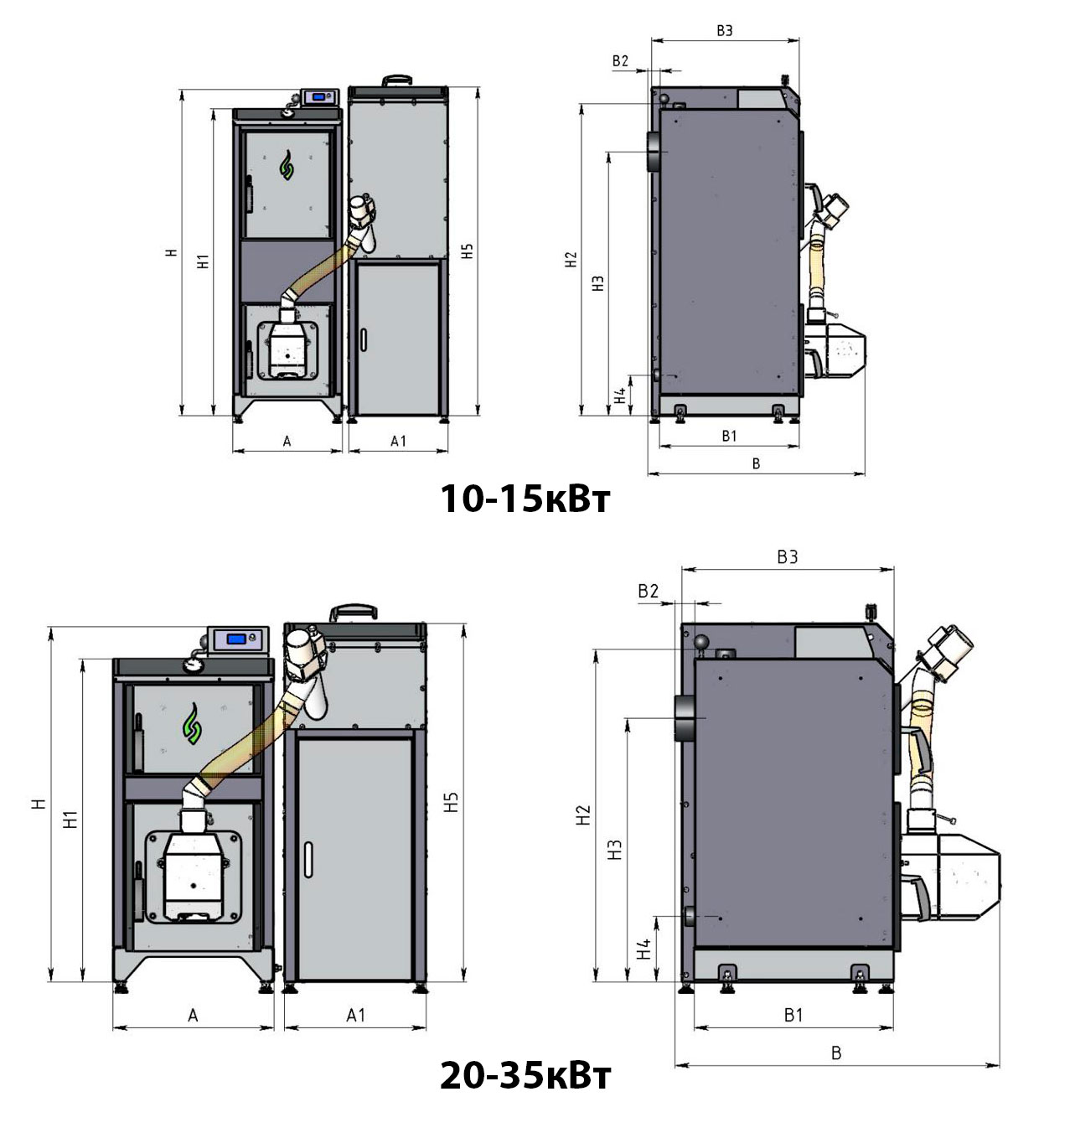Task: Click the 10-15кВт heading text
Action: tap(525, 499)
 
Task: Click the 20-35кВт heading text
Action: tap(525, 1076)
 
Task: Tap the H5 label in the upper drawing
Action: tap(468, 251)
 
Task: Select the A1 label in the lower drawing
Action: tap(355, 1015)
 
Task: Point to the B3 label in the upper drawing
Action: tap(724, 31)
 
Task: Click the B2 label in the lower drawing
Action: tap(648, 591)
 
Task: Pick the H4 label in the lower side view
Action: tap(644, 949)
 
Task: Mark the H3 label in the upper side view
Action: tap(597, 283)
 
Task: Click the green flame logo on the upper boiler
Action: tap(287, 165)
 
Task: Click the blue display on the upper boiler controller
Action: tap(318, 97)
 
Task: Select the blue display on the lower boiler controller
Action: tap(236, 639)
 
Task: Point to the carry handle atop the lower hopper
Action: tap(354, 613)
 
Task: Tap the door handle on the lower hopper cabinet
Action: tap(308, 860)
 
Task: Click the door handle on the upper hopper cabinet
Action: tap(363, 339)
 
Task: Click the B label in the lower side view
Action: tap(836, 1053)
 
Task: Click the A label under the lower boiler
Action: tap(193, 1016)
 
